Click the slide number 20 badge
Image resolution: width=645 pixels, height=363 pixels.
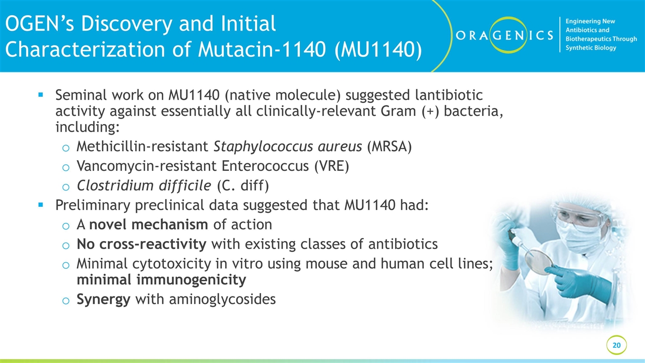[x=616, y=345]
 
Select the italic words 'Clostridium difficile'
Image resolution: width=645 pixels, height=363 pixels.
[x=144, y=186]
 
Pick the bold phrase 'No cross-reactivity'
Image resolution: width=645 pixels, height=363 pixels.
[x=141, y=245]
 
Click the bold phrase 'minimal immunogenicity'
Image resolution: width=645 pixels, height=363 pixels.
[x=161, y=279]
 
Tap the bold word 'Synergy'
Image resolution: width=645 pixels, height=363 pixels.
[x=103, y=299]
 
